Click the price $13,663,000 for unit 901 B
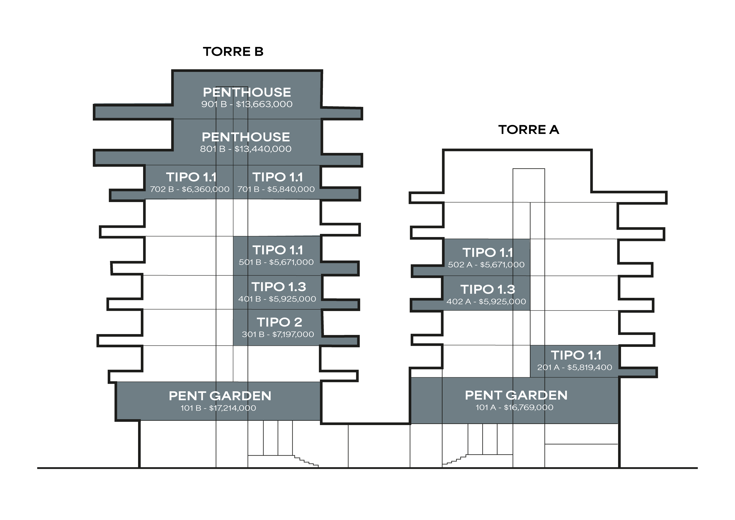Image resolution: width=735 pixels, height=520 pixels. click(x=264, y=104)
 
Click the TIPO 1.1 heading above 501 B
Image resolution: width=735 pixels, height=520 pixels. click(x=278, y=250)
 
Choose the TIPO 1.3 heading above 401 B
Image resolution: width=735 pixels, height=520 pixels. click(x=278, y=287)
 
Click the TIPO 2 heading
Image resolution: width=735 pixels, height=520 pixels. click(x=279, y=322)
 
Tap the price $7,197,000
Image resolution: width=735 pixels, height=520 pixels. click(x=293, y=334)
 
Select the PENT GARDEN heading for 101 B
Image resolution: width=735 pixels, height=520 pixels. click(x=220, y=396)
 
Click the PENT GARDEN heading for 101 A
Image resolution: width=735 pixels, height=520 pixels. click(x=516, y=396)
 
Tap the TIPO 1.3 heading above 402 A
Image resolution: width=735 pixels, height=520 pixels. click(x=488, y=289)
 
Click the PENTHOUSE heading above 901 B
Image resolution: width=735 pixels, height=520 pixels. click(x=247, y=92)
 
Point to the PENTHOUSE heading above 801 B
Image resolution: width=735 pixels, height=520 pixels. click(x=246, y=137)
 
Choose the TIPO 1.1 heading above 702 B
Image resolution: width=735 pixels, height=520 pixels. click(x=191, y=177)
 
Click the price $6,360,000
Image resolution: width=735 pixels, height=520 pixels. click(x=206, y=189)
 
